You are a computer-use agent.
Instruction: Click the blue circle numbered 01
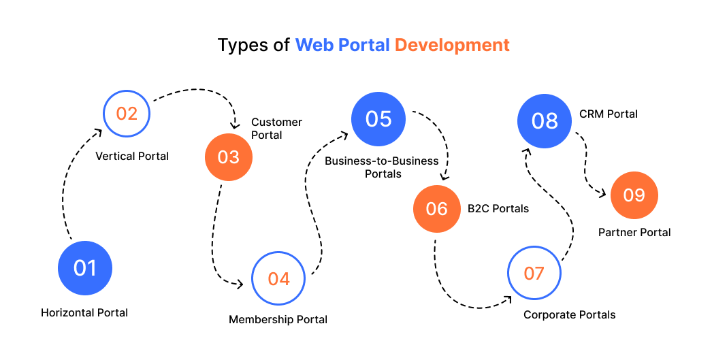point(85,267)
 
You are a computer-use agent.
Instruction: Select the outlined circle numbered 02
point(127,114)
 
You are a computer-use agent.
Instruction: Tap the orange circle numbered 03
point(229,157)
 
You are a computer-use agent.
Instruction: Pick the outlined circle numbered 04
point(278,278)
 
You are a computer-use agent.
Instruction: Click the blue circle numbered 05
point(378,118)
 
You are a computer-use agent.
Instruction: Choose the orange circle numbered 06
point(437,208)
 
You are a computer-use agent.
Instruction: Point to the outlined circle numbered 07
point(534,273)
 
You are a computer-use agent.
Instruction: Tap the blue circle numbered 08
point(545,121)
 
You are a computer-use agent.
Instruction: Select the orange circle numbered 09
point(634,195)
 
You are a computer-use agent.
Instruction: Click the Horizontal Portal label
point(84,313)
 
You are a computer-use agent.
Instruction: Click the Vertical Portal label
point(132,156)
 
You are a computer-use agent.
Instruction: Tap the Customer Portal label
point(276,128)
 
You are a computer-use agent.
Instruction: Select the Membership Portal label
point(278,319)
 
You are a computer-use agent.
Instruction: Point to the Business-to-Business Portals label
point(372,167)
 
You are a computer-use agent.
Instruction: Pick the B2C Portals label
point(498,208)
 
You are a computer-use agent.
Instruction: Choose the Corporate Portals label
point(569,314)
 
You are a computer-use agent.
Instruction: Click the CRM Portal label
point(608,114)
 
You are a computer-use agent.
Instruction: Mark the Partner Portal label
point(634,232)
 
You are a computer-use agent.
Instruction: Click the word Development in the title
point(452,46)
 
